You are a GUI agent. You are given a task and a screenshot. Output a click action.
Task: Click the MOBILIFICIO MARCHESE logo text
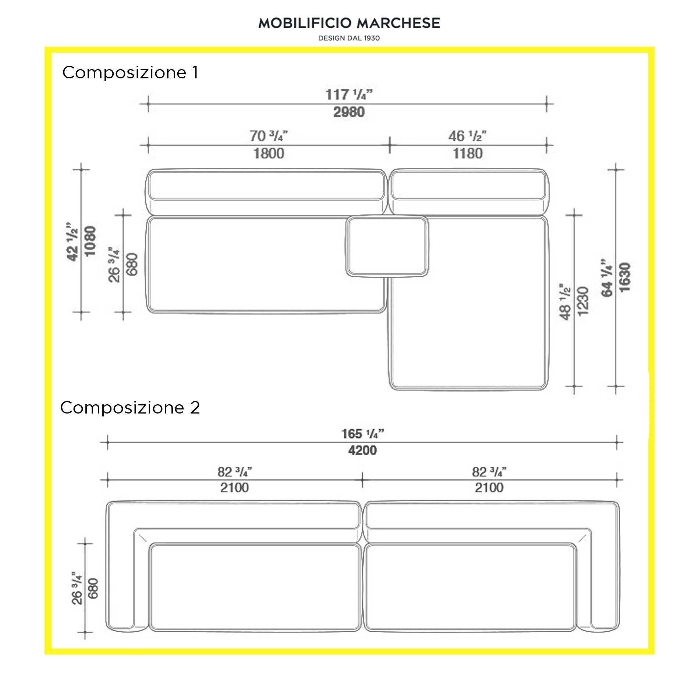click(349, 23)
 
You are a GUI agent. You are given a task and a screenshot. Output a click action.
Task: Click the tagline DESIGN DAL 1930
click(349, 38)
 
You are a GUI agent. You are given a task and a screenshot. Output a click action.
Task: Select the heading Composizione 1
click(130, 72)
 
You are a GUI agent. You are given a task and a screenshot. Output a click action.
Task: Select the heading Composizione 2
click(130, 408)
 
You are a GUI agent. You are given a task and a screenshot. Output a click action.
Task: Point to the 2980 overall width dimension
click(349, 112)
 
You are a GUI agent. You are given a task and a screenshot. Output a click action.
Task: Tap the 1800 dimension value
click(269, 153)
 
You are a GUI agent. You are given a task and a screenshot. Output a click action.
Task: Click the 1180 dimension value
click(468, 153)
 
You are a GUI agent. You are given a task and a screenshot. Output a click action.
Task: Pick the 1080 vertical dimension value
click(90, 241)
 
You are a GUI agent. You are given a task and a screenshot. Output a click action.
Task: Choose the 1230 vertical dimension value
click(583, 301)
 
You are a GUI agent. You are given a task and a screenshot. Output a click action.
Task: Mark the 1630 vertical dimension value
click(625, 277)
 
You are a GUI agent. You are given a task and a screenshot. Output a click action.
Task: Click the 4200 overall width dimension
click(362, 450)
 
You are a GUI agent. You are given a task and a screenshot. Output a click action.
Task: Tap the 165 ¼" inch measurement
click(362, 434)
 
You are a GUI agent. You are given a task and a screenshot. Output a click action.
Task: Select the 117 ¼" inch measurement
click(349, 95)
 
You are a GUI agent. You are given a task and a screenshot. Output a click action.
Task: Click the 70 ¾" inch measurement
click(269, 136)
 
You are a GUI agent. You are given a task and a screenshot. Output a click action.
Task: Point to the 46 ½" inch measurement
click(467, 136)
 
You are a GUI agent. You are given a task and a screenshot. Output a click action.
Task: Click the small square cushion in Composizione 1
click(387, 246)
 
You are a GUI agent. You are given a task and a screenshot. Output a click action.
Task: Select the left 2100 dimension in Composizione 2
click(234, 488)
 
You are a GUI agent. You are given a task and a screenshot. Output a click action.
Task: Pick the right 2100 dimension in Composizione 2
click(489, 488)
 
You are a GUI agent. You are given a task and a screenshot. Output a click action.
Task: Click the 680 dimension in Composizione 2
click(93, 588)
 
